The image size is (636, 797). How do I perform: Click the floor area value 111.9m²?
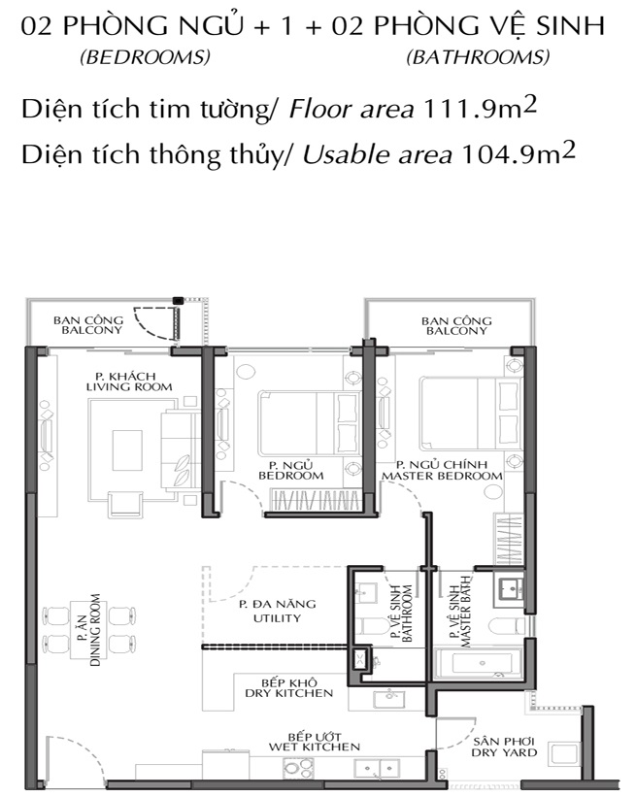(x=480, y=109)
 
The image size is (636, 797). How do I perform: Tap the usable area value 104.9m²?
(x=518, y=154)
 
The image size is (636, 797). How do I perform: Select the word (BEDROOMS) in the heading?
(x=145, y=57)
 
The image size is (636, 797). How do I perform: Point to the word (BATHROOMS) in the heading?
(x=478, y=57)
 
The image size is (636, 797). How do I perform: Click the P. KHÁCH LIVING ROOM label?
(x=129, y=382)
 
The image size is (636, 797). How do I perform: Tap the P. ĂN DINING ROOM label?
(x=88, y=630)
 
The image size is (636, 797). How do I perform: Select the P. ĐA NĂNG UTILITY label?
(x=278, y=611)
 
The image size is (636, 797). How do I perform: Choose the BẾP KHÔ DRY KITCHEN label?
(x=289, y=687)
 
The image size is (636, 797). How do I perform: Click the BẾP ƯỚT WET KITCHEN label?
(x=315, y=742)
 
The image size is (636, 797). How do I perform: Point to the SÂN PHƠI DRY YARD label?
(x=504, y=747)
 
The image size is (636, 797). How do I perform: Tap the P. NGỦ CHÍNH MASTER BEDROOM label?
(x=442, y=470)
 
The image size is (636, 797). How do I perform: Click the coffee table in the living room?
(x=127, y=450)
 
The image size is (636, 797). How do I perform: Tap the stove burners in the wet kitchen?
(x=298, y=768)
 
